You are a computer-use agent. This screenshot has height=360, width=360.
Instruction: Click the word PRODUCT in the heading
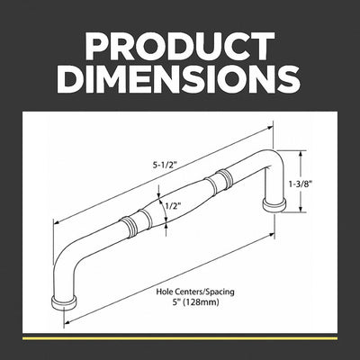180,46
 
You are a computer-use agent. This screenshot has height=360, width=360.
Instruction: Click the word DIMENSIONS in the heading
180,79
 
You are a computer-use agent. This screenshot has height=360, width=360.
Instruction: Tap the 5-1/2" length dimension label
164,166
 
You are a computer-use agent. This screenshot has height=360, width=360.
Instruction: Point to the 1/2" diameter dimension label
174,206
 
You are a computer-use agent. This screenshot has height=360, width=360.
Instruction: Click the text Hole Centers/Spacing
195,292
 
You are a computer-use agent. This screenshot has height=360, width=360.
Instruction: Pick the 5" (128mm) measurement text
195,302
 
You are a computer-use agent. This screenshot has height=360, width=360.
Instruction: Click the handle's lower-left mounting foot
64,303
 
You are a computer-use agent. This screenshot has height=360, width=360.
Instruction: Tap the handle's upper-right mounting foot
274,205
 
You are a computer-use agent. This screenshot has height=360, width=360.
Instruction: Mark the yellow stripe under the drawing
180,338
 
